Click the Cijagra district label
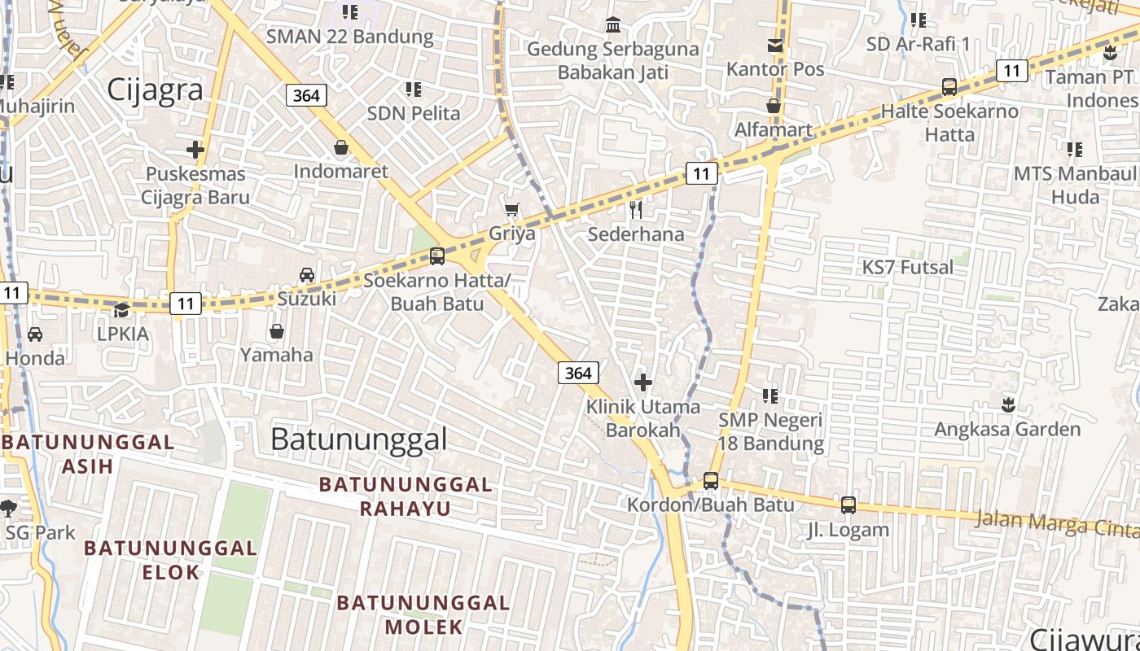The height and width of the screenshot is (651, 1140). [x=155, y=90]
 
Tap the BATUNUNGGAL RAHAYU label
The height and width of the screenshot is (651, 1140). [x=406, y=496]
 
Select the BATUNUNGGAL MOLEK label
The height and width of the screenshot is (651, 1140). [x=423, y=614]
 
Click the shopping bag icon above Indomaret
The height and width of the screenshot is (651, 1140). [x=341, y=148]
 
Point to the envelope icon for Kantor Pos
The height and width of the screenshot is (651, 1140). [x=775, y=46]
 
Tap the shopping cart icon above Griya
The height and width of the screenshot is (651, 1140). [x=511, y=211]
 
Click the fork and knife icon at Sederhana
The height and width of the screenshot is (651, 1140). [x=636, y=210]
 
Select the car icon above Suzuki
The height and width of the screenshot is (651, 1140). [x=306, y=275]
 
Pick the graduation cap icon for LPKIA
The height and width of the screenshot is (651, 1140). [x=121, y=310]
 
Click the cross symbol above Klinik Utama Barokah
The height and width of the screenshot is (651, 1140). [x=643, y=382]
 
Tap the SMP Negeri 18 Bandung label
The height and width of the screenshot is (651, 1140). [x=771, y=432]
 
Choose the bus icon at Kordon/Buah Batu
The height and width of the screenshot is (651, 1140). [x=711, y=481]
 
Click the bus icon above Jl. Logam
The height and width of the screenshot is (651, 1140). [x=848, y=505]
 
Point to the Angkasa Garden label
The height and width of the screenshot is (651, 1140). [x=1007, y=429]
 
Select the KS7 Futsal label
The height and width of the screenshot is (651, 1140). [x=907, y=267]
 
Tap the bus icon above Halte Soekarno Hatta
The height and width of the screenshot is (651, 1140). [x=949, y=87]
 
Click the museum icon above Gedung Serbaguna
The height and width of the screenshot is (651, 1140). [x=613, y=25]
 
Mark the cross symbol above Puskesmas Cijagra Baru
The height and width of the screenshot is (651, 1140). [x=195, y=150]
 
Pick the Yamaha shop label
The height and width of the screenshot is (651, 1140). [x=276, y=355]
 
